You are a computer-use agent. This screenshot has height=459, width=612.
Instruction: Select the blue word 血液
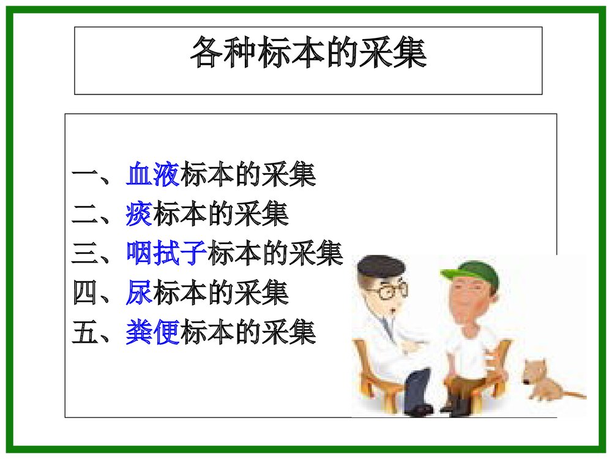coord(153,175)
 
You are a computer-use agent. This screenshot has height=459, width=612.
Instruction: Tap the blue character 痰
coord(139,214)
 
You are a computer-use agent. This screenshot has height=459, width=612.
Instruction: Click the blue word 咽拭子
coord(166,253)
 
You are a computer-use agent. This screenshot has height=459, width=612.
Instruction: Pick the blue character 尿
coord(139,293)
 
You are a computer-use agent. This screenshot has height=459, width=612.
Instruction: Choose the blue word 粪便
coord(153,333)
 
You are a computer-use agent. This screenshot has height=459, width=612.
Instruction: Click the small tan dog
coord(542,381)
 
